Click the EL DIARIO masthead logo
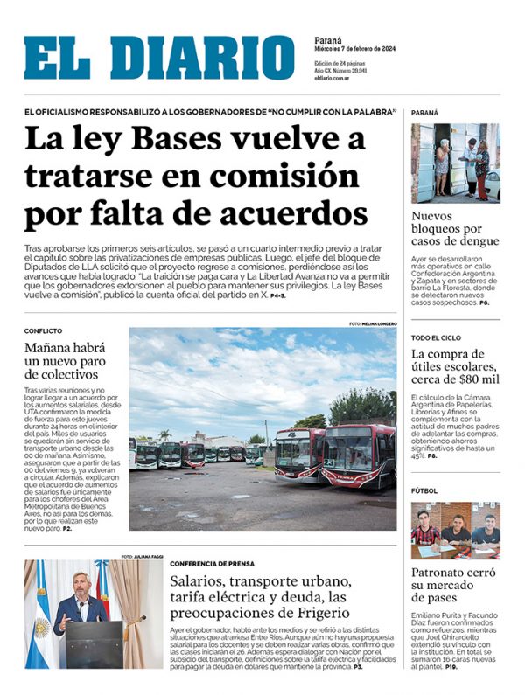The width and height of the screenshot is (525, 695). click(159, 58)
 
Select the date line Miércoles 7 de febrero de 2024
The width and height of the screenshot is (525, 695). click(354, 50)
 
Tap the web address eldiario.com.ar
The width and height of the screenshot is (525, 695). click(332, 79)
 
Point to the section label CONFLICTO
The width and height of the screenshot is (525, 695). click(43, 331)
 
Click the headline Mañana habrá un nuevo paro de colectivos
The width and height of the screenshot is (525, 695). click(66, 362)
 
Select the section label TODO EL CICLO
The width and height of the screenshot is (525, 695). click(437, 337)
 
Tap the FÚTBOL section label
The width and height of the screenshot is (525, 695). click(425, 491)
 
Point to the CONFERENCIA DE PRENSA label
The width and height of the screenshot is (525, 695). click(213, 563)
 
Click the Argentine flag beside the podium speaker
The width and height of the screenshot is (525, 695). click(39, 612)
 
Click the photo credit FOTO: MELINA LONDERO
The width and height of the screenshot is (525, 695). click(372, 323)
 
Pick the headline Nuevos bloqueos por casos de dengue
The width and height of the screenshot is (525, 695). click(455, 229)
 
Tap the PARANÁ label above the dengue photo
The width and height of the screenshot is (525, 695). click(425, 113)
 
